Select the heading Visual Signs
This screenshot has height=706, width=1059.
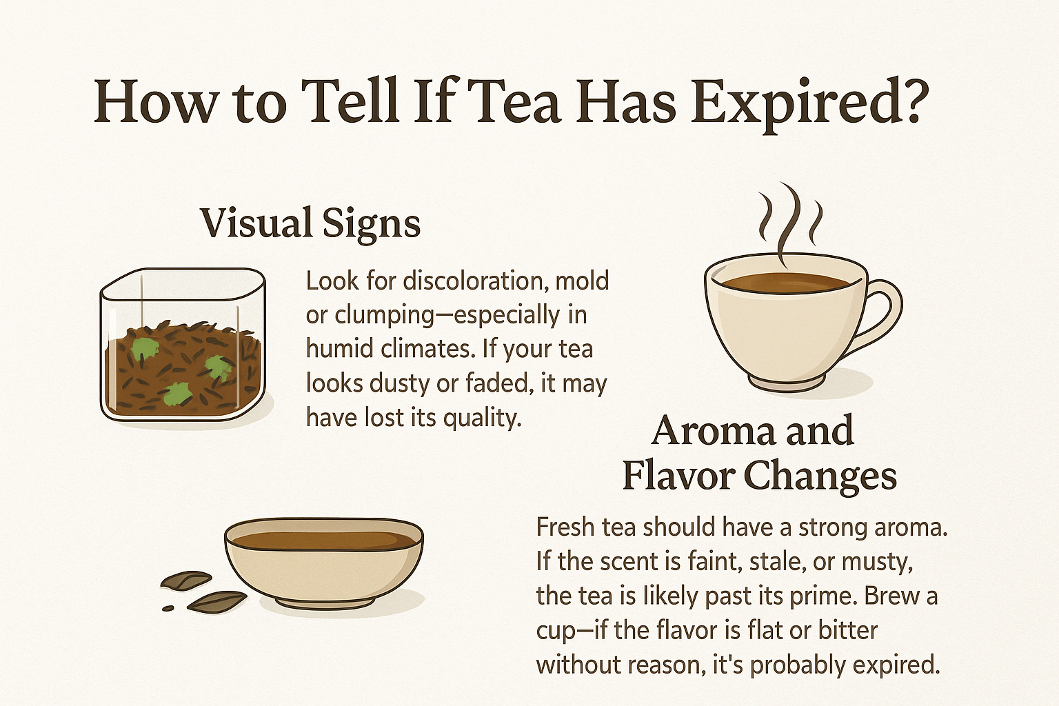pyautogui.click(x=311, y=224)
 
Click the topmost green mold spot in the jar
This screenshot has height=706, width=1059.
pyautogui.click(x=145, y=349)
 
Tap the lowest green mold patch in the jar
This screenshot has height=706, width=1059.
pyautogui.click(x=176, y=394)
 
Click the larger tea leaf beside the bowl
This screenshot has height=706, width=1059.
pyautogui.click(x=217, y=601)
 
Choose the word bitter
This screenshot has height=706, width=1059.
pyautogui.click(x=847, y=630)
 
